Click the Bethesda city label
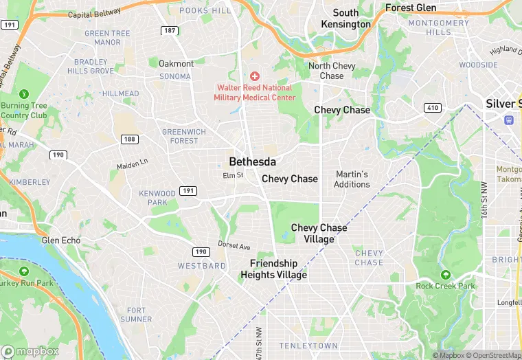(x=252, y=161)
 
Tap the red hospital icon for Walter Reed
(x=255, y=76)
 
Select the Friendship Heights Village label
(x=273, y=269)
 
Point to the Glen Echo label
(x=60, y=240)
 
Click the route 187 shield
(x=169, y=31)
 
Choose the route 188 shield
(x=128, y=139)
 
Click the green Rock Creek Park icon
(x=445, y=275)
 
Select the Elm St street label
(x=233, y=176)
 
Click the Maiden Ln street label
(x=132, y=165)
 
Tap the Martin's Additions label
(x=352, y=179)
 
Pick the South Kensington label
(x=345, y=19)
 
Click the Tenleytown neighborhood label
(x=308, y=346)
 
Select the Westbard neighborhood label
(x=202, y=265)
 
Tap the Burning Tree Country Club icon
(x=24, y=93)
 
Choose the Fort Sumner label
(x=135, y=315)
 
